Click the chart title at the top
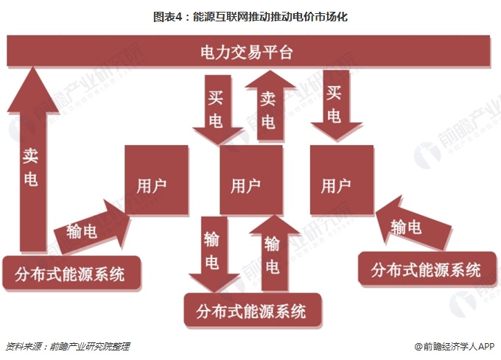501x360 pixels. (251, 17)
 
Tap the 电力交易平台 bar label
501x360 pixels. (246, 52)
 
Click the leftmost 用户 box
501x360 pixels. (156, 180)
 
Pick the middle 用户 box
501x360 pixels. (251, 180)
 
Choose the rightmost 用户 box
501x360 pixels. (342, 180)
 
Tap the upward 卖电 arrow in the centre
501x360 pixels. (270, 105)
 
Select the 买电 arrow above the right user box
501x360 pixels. (337, 105)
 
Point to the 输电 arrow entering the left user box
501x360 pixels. (92, 227)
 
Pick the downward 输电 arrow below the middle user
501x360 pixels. (214, 255)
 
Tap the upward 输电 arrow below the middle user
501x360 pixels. (275, 253)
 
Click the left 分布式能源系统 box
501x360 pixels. (71, 273)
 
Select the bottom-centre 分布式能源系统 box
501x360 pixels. (253, 311)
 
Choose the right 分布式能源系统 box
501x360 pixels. (427, 269)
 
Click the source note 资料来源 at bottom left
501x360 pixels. (68, 346)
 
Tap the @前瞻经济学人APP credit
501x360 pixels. (455, 346)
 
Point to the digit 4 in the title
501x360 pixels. (178, 17)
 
